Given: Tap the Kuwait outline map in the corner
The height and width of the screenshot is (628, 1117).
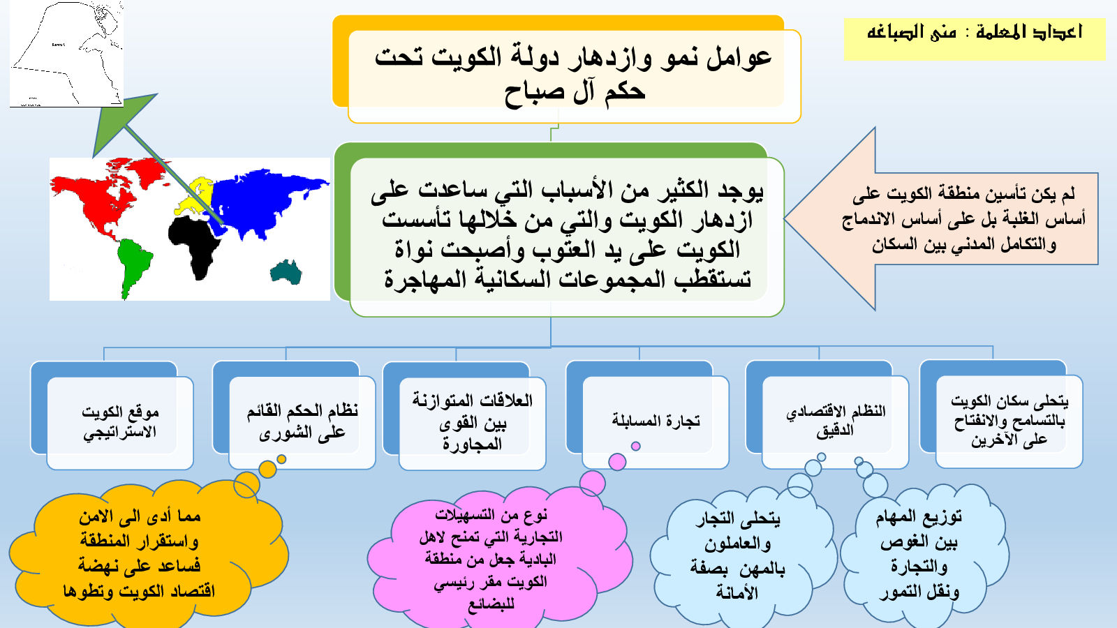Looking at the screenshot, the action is coord(66,53).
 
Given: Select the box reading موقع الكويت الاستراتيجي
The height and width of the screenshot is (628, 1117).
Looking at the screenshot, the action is coord(119,422).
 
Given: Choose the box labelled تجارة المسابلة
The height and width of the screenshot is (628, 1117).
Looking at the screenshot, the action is coord(656,421).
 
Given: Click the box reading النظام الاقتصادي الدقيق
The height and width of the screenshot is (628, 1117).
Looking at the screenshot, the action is coord(835,421).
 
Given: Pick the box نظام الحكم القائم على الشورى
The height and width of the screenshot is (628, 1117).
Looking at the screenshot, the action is coord(302,422).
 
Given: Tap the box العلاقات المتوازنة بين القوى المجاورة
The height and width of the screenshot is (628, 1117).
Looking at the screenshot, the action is coord(472,423).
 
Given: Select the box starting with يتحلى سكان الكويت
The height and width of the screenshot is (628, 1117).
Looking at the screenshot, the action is coord(1009,421).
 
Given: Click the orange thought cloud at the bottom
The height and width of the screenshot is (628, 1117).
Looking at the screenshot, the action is coord(147,553).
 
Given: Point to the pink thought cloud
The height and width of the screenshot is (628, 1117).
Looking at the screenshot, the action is coord(498,558).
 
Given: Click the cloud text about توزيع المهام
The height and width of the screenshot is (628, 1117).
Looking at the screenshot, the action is coord(919,554).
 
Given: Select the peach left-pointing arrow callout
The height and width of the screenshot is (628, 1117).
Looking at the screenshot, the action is coord(942,219).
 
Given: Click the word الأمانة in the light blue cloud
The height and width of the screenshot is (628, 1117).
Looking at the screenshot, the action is coord(737,592).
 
